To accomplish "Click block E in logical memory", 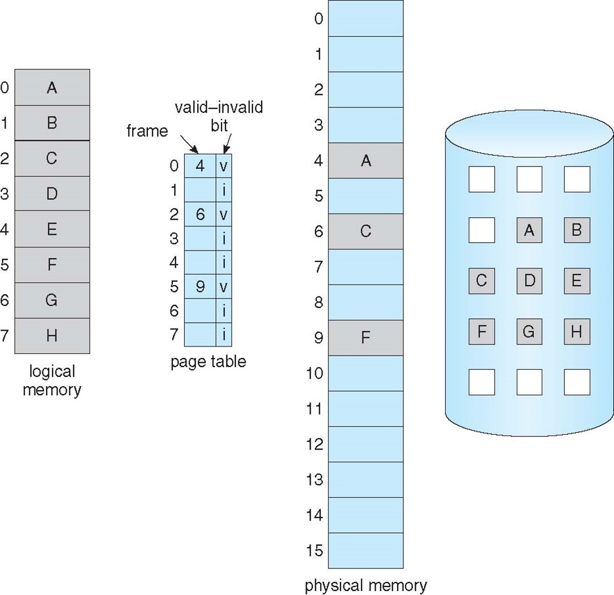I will coord(51,229).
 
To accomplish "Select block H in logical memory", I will coord(51,336).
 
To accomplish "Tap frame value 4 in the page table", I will coord(200,166).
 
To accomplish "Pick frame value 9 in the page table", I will coord(200,286).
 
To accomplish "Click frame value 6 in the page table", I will coord(200,214).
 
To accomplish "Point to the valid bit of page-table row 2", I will coord(224,214).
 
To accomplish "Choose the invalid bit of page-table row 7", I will coord(224,335).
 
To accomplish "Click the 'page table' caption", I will coord(208,361).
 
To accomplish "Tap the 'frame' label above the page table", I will coord(147,131).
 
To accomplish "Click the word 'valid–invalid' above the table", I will coord(219,107).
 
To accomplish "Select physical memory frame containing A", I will coord(365,161).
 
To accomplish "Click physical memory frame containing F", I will coord(365,338).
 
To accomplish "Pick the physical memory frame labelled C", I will coord(365,231).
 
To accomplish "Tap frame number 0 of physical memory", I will coord(319,19).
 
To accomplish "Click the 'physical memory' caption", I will coord(365,585).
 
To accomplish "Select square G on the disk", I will coord(529,331).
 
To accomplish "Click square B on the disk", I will coord(577,230).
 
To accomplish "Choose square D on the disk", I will coord(529,281).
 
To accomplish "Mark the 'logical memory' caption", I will coord(52,380).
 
